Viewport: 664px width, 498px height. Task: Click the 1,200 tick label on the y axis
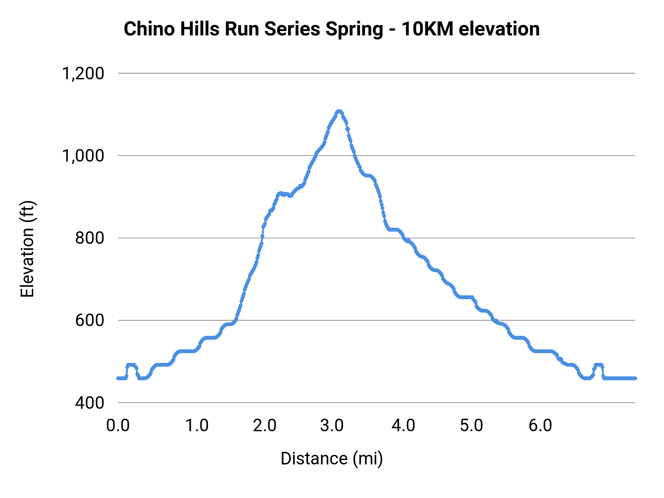click(x=83, y=73)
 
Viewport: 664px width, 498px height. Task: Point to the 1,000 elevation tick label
click(x=83, y=156)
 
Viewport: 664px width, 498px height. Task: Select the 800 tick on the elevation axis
click(x=90, y=238)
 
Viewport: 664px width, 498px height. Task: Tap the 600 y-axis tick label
click(x=90, y=320)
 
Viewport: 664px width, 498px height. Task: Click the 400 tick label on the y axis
click(x=90, y=402)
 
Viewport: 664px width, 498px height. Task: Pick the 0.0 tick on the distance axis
click(x=118, y=426)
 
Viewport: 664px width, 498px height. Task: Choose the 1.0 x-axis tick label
click(x=197, y=426)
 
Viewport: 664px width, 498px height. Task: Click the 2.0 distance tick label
click(x=264, y=426)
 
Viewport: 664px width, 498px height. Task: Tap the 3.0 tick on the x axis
click(x=332, y=426)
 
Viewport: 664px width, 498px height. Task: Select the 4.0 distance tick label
click(x=403, y=426)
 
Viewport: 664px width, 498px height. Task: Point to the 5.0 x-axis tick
click(x=471, y=426)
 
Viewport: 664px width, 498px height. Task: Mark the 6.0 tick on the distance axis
click(x=540, y=426)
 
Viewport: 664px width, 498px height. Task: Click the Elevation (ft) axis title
click(x=27, y=249)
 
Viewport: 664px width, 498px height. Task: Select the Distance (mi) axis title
click(x=332, y=459)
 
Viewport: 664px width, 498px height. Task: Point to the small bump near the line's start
click(x=131, y=365)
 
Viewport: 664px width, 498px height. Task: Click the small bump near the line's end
click(x=598, y=365)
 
